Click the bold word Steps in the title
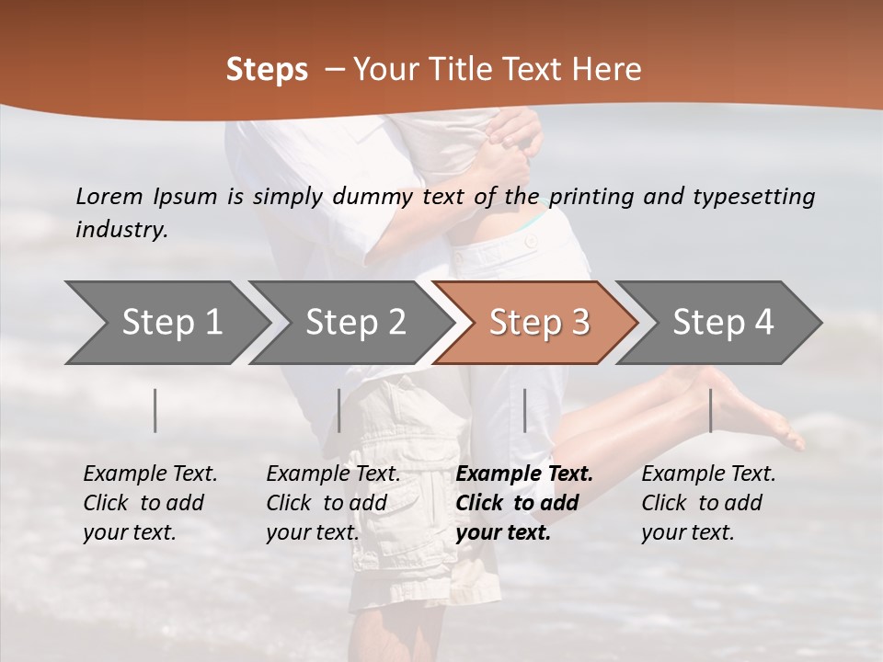click(267, 70)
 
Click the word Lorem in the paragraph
click(109, 196)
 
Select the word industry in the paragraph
click(121, 230)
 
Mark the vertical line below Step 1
click(155, 410)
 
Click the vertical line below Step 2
click(339, 410)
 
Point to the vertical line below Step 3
click(525, 410)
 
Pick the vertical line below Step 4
click(710, 410)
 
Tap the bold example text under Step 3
click(523, 503)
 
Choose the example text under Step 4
click(708, 503)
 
